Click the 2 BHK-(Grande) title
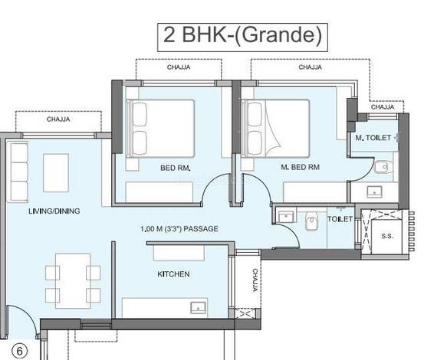click(x=242, y=35)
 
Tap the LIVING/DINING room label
click(x=54, y=211)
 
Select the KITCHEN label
click(x=173, y=274)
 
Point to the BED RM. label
click(x=176, y=168)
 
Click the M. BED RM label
click(x=300, y=167)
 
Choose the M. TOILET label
click(x=373, y=138)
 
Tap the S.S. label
click(x=387, y=236)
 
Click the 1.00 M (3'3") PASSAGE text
click(x=179, y=229)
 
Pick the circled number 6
click(x=20, y=352)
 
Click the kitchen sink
click(x=199, y=308)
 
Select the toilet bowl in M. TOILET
click(x=383, y=167)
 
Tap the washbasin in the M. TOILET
click(x=374, y=191)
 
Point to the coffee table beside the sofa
click(x=56, y=173)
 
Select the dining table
click(x=73, y=281)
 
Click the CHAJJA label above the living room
click(x=58, y=119)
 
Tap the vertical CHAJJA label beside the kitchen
click(x=255, y=280)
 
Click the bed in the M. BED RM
click(x=275, y=128)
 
